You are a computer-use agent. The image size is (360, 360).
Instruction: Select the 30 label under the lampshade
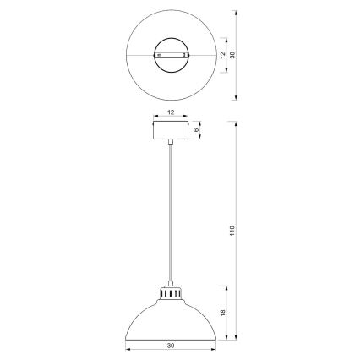[171, 344]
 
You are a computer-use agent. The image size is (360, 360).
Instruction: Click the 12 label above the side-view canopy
[171, 112]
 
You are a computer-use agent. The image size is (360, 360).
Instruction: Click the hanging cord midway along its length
[171, 215]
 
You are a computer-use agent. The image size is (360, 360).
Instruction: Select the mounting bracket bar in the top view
[171, 54]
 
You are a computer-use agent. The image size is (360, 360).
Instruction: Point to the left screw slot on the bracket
[159, 54]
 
